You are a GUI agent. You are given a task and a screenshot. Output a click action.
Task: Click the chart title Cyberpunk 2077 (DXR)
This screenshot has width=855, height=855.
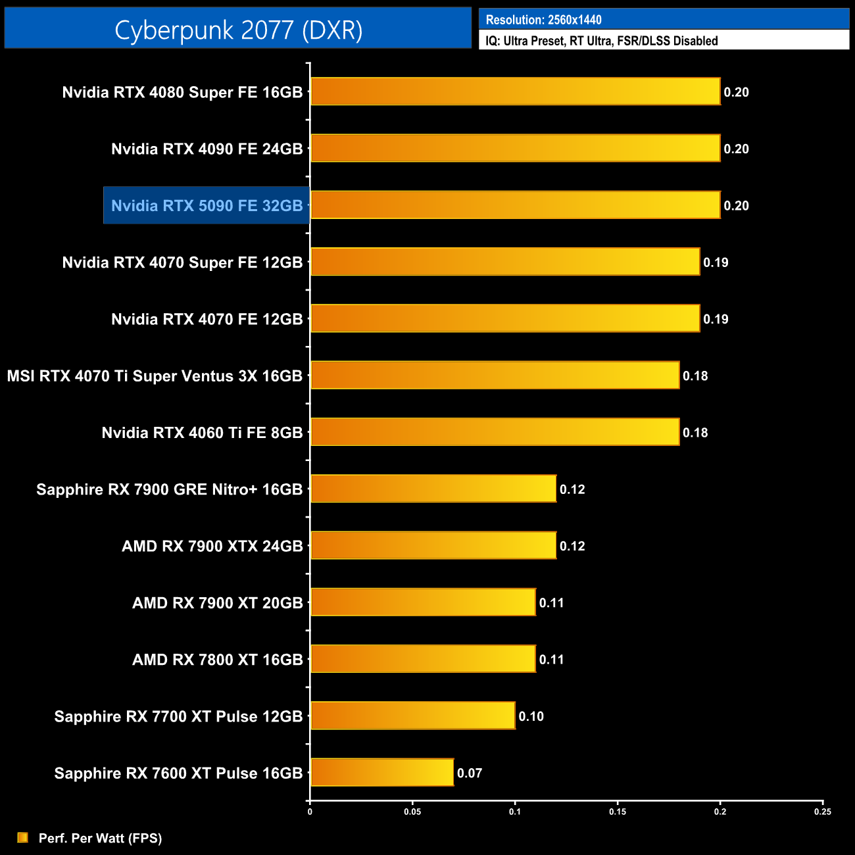click(238, 30)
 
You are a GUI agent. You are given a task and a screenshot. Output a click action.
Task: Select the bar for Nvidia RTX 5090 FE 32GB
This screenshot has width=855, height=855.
click(515, 205)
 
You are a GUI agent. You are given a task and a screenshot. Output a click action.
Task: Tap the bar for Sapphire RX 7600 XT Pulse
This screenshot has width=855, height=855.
click(381, 772)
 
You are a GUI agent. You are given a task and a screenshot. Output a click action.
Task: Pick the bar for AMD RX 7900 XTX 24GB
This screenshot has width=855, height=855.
click(433, 545)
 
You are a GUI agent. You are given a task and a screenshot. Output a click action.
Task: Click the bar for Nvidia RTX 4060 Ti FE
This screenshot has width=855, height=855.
click(495, 432)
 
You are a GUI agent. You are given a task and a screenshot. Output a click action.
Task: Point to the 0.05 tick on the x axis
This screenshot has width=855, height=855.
click(412, 812)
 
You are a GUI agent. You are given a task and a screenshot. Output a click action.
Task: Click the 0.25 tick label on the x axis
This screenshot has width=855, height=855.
click(823, 812)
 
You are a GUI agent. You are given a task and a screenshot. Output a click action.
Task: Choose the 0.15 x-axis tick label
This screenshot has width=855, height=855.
click(618, 812)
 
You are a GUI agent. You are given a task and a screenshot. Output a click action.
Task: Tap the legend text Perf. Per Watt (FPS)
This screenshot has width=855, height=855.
click(100, 838)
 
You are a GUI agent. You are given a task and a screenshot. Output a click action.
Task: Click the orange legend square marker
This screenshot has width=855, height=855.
click(23, 837)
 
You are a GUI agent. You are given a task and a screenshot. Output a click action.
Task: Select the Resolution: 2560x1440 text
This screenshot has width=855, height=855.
click(543, 20)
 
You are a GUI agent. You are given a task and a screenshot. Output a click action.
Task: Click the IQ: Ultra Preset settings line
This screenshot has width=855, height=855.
click(601, 41)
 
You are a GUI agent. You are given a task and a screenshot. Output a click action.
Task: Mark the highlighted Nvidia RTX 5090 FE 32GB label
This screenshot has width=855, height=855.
click(207, 206)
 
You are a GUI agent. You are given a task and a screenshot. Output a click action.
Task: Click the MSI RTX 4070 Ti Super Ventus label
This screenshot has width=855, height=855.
click(155, 376)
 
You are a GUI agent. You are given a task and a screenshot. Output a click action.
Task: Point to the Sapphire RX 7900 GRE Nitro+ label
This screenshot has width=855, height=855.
click(169, 489)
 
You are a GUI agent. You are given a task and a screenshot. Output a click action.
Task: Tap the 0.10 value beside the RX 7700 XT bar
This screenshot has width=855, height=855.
click(531, 716)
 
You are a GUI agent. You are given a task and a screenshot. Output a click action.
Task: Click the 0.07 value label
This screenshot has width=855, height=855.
click(470, 773)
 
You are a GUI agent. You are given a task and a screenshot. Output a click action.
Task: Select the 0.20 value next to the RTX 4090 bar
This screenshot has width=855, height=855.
click(737, 149)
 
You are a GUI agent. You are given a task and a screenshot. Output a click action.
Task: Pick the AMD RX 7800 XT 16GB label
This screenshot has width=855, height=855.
click(217, 660)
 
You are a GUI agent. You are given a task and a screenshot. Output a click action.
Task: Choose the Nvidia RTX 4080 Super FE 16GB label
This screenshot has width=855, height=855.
click(182, 92)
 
